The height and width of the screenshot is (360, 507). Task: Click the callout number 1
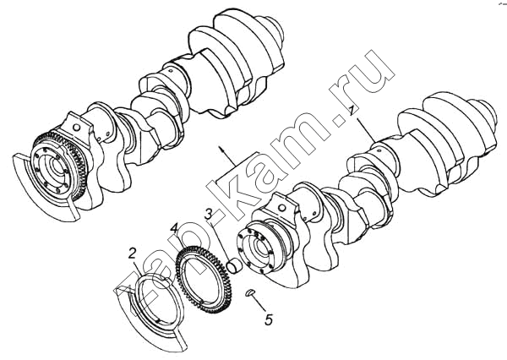pyautogui.click(x=352, y=109)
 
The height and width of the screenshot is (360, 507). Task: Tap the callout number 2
pyautogui.click(x=132, y=254)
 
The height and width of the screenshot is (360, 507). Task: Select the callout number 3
pyautogui.click(x=209, y=214)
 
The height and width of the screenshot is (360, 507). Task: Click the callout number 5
pyautogui.click(x=269, y=319)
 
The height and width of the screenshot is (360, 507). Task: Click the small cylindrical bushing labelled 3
pyautogui.click(x=233, y=265)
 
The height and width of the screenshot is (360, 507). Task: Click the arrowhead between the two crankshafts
pyautogui.click(x=221, y=149)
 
